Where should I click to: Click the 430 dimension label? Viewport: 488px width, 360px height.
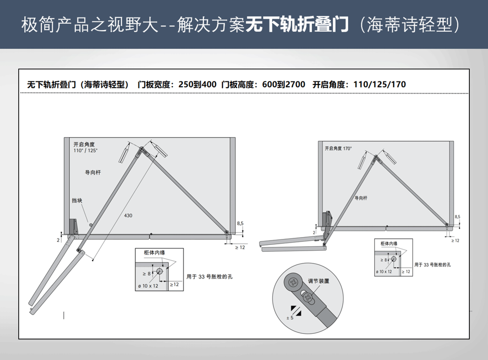coord(128,215)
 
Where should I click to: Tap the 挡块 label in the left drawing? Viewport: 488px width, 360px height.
coord(77,200)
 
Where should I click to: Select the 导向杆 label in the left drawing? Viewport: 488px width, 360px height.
coord(93,172)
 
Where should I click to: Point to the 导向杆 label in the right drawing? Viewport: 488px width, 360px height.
coord(361,198)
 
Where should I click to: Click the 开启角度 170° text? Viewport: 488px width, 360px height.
coord(338,148)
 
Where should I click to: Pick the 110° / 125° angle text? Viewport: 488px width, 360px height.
coord(85,151)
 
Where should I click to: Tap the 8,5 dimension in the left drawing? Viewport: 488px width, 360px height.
coord(240,223)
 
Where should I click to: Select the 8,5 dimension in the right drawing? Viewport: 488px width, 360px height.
coord(457,217)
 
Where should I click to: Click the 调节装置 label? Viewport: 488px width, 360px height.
coord(318,281)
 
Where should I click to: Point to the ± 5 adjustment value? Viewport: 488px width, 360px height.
coord(290,318)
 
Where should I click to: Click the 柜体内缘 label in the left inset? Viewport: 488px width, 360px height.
coord(154,252)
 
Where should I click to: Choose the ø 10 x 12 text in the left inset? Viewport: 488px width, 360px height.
coord(148,286)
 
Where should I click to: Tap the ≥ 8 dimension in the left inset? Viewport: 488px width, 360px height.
coord(146,274)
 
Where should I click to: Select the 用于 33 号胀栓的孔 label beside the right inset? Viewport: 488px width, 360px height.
coord(432,265)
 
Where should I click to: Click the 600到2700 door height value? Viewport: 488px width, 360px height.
coord(284,84)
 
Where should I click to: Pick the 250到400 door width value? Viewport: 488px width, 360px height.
coord(197,84)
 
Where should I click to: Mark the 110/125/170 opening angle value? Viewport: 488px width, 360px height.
coord(380,84)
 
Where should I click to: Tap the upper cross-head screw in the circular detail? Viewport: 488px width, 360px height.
coord(293,282)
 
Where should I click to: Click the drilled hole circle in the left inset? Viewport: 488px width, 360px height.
coord(160,271)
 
